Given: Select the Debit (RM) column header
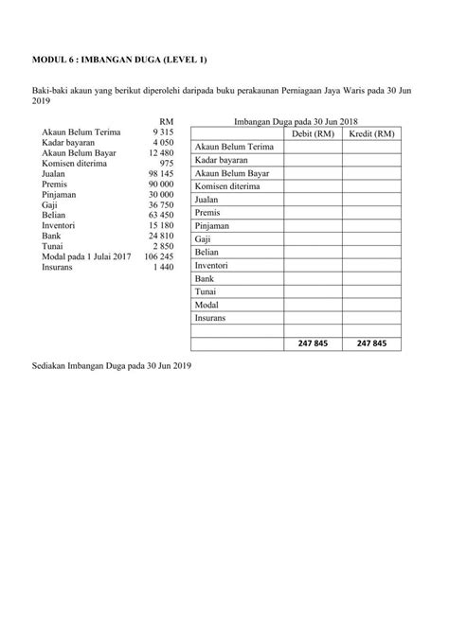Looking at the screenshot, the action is (x=313, y=134).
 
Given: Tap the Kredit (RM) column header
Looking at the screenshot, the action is (x=371, y=134).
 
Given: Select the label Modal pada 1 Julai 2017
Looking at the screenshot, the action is (x=86, y=256).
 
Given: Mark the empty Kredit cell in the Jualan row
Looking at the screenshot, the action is (x=371, y=201).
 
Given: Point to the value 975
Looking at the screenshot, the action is (x=165, y=164).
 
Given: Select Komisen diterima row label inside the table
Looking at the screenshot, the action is (x=229, y=187).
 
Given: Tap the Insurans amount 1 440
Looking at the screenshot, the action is (x=164, y=267).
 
